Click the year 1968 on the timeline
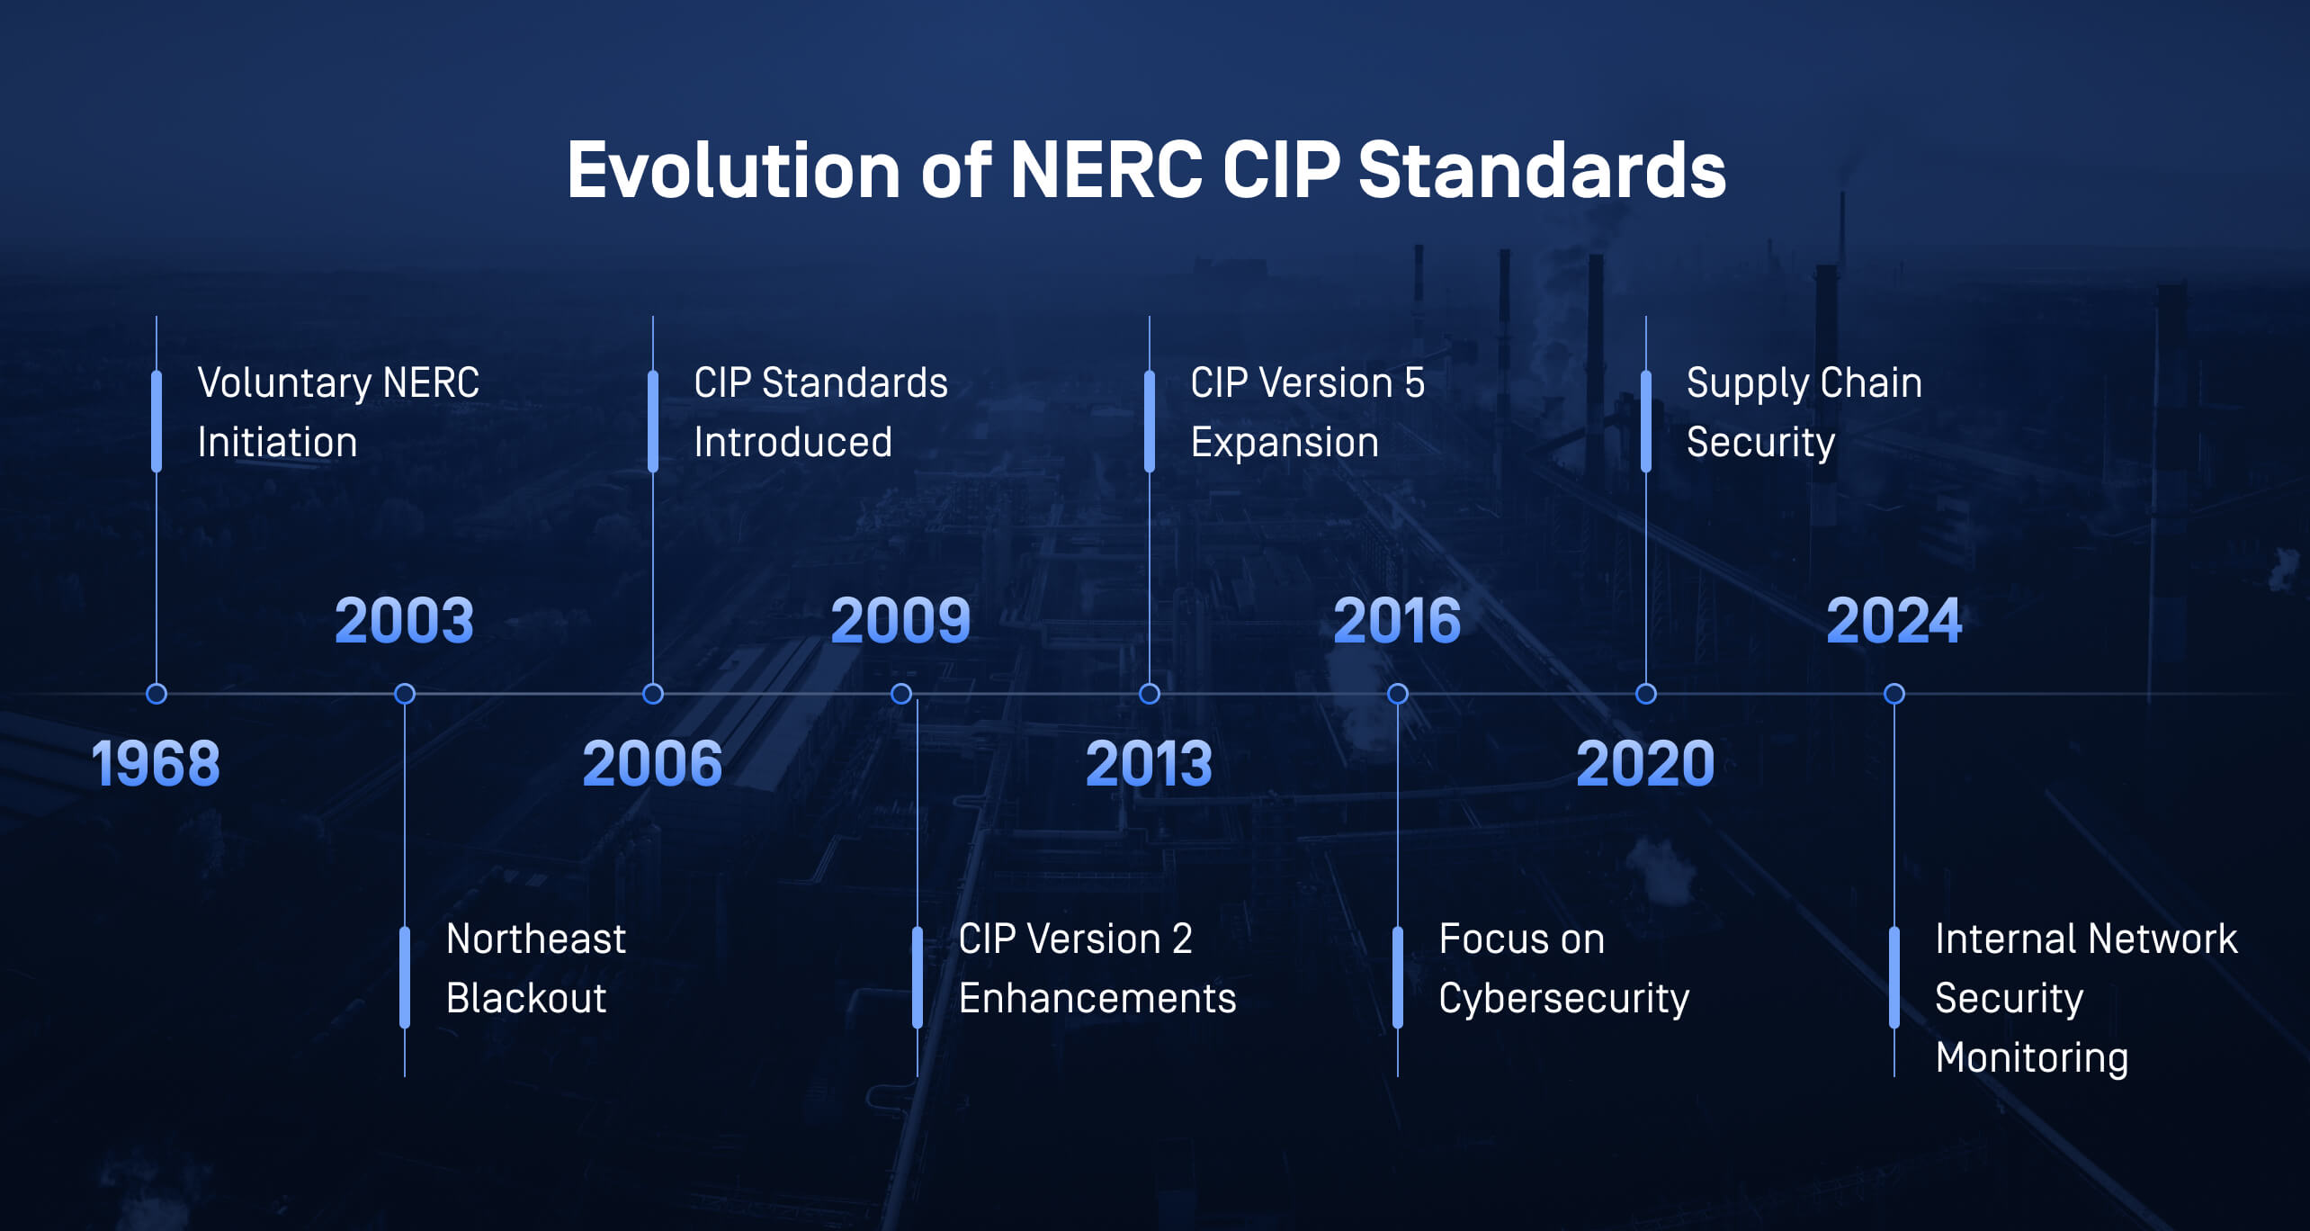156,764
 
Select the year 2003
404,621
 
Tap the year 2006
652,764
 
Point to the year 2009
900,621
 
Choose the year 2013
1149,764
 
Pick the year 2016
1397,621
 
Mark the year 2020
1645,764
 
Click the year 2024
1894,621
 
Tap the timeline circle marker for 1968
157,694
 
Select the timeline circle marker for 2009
901,694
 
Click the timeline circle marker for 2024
1894,694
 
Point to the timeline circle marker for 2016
1398,694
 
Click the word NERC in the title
1106,170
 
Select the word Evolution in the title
734,170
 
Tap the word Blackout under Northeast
526,998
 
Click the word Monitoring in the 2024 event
2032,1058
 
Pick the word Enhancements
1097,998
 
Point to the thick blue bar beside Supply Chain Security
1646,421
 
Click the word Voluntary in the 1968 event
284,384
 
